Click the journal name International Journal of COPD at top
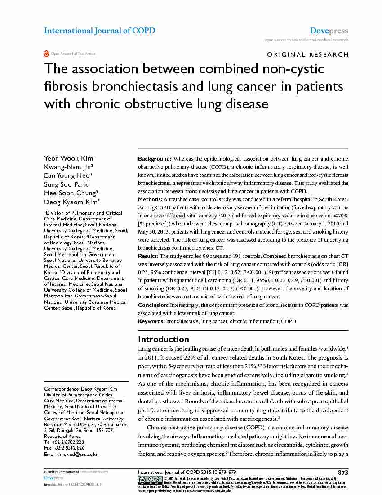coord(99,31)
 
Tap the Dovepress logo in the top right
coord(329,31)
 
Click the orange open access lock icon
coord(46,54)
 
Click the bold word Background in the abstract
coord(154,159)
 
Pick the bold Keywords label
coord(151,321)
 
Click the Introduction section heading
coord(164,339)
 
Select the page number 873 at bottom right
coord(343,472)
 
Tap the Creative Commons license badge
coord(150,479)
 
